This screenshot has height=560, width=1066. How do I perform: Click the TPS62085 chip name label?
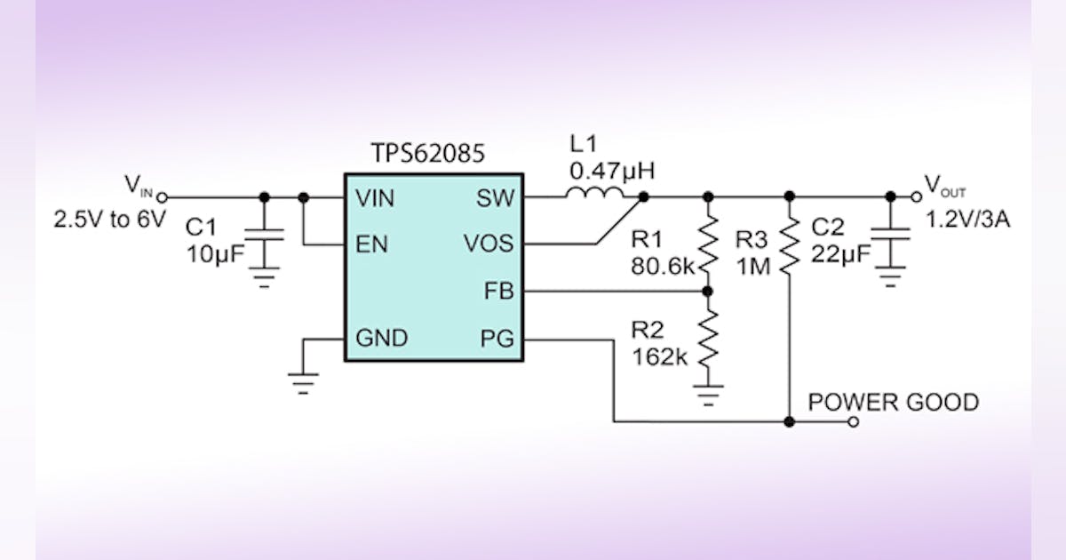(x=427, y=153)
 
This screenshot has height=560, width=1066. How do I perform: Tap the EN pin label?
(x=371, y=244)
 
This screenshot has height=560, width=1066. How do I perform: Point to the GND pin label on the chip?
(x=381, y=338)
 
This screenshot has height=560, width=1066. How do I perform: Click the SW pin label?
(x=495, y=197)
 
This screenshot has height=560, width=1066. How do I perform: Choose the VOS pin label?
(x=487, y=244)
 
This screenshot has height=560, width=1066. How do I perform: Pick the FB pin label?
(x=497, y=291)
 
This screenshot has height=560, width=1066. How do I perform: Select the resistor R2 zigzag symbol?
(x=708, y=342)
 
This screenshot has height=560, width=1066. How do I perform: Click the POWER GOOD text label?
(x=893, y=403)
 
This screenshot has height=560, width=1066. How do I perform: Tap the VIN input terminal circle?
(x=162, y=197)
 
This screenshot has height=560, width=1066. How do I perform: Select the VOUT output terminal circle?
(x=917, y=197)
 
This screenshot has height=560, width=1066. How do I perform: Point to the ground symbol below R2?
(x=708, y=391)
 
